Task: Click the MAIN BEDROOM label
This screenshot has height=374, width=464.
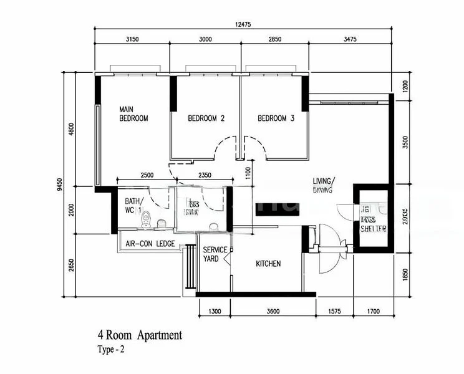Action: pyautogui.click(x=133, y=113)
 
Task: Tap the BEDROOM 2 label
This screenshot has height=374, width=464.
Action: pyautogui.click(x=206, y=118)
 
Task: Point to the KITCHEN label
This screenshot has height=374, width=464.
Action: pyautogui.click(x=268, y=264)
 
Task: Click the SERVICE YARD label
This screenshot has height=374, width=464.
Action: pyautogui.click(x=215, y=254)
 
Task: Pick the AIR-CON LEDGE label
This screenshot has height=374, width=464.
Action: pyautogui.click(x=150, y=244)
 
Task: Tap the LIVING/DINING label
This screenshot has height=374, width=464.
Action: pyautogui.click(x=323, y=185)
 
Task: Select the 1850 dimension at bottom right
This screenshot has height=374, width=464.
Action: pyautogui.click(x=406, y=274)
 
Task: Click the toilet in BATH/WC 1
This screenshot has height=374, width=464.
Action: pyautogui.click(x=147, y=219)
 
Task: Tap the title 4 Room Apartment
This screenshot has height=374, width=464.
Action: pyautogui.click(x=140, y=335)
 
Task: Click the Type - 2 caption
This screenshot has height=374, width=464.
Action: pyautogui.click(x=112, y=350)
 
